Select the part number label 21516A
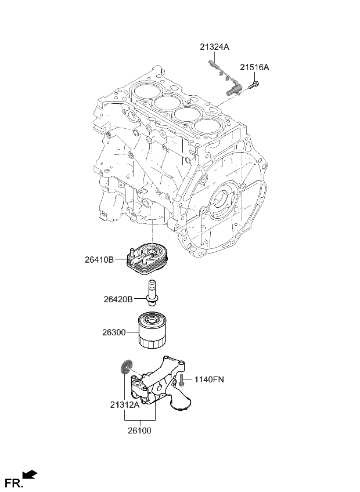click(255, 68)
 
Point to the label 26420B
click(118, 299)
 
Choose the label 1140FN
click(209, 379)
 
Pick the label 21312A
click(125, 406)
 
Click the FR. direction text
click(13, 482)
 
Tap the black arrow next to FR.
click(30, 475)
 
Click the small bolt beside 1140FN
click(182, 381)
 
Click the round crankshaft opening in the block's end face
click(223, 200)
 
